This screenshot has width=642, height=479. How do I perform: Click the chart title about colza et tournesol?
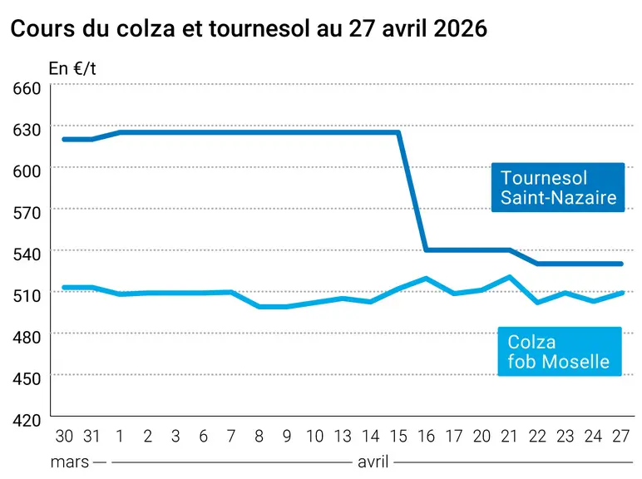[x=249, y=28]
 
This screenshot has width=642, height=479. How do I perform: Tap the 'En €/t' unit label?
[x=72, y=69]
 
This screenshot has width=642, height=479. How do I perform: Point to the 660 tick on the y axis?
[x=27, y=88]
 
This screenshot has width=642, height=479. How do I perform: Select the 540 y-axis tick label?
[x=27, y=254]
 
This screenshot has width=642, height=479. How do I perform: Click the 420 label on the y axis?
[x=27, y=421]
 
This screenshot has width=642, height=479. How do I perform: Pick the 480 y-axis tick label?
[x=27, y=338]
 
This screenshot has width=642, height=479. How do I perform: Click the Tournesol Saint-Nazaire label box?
[x=558, y=187]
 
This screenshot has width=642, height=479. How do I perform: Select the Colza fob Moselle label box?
[x=560, y=351]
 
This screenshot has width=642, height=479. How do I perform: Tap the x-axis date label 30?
[x=64, y=437]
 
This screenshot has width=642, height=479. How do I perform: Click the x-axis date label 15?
[x=398, y=437]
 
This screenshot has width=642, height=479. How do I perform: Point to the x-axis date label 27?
[x=620, y=437]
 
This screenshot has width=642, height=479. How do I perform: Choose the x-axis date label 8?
[x=259, y=437]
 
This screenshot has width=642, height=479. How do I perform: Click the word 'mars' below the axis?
[x=70, y=462]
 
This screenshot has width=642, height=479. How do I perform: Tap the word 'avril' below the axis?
[x=373, y=462]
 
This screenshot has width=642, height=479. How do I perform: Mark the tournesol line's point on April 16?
[x=427, y=249]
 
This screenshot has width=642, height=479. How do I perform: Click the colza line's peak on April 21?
[x=509, y=277]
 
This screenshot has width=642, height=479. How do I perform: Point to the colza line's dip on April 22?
[x=537, y=303]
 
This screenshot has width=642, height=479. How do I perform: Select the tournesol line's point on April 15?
[x=398, y=132]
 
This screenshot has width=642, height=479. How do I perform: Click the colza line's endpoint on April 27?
[x=621, y=293]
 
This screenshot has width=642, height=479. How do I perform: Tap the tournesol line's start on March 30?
[x=64, y=139]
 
